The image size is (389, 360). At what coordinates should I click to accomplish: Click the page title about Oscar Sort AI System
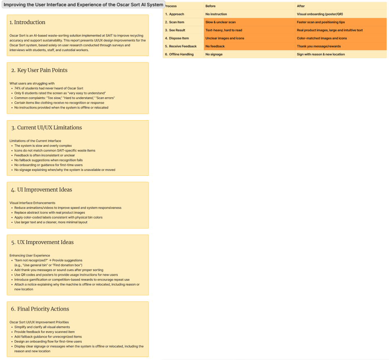click(83, 5)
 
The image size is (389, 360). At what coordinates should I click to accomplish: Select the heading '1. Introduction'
click(27, 22)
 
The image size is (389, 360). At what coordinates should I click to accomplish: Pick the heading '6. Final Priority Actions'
click(40, 309)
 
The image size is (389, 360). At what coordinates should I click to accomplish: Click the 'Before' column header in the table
click(211, 6)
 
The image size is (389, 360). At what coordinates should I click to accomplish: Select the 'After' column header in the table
click(301, 6)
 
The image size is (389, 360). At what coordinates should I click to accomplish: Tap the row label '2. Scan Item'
click(175, 22)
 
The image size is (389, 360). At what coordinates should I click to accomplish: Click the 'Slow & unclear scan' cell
click(221, 22)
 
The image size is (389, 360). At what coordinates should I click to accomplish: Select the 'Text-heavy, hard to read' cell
click(224, 30)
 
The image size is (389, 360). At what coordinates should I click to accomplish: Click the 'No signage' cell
click(214, 54)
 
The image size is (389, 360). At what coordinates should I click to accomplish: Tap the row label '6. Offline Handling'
click(179, 54)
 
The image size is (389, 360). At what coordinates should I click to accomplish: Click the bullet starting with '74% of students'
click(49, 88)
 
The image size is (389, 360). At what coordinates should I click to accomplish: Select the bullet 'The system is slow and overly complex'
click(43, 145)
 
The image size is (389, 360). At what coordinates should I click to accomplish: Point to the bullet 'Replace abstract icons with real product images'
click(50, 212)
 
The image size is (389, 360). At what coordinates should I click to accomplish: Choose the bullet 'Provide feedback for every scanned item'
click(45, 332)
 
